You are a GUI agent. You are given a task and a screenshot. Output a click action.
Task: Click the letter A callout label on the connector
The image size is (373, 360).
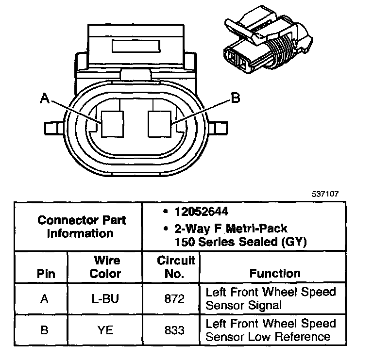coord(45,99)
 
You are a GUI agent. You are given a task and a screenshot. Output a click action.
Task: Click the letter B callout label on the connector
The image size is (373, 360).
coord(236,98)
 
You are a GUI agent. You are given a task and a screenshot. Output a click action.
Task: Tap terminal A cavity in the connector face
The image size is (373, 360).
coord(112,124)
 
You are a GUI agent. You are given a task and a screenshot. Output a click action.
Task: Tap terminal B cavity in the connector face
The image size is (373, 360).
coord(159,124)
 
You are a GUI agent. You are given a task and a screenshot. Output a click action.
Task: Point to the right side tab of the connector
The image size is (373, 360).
coord(219,128)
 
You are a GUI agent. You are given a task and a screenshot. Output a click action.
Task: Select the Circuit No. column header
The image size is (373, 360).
coord(175,267)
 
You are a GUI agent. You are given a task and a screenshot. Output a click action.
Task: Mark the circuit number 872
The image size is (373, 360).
coord(175,299)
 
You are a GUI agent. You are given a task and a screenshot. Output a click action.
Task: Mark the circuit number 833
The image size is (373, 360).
coord(175,330)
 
